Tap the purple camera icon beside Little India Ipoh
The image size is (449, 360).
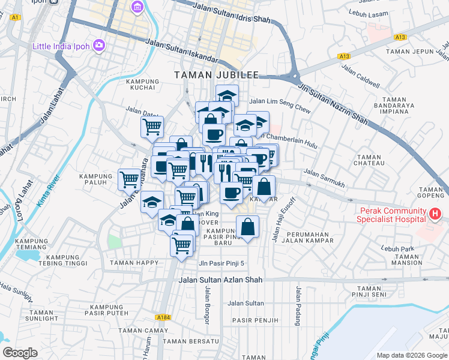coord(99,46)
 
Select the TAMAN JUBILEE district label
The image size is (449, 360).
coord(216,75)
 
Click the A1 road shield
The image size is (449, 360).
coord(15,18)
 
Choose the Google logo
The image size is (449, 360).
coord(20,353)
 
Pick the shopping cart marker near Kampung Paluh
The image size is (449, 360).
coord(130,179)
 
